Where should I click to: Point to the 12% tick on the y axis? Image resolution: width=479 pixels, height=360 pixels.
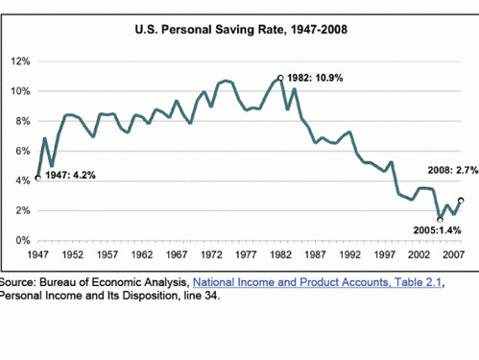coord(20,61)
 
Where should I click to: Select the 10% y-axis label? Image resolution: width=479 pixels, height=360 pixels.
coord(20,91)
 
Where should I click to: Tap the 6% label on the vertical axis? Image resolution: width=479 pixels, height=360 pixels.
coord(23,151)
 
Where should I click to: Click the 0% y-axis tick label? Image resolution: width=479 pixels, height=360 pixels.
coord(23,240)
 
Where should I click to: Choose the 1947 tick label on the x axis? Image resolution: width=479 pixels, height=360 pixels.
coord(38,254)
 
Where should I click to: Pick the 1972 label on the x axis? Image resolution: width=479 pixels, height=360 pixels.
coord(211,254)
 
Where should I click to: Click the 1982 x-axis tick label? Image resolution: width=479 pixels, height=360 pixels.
coord(280,254)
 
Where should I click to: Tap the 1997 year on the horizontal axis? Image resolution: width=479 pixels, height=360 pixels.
coord(384,254)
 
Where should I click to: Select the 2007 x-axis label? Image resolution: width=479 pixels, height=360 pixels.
coord(454,254)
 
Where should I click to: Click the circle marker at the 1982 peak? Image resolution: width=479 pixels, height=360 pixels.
coord(280,78)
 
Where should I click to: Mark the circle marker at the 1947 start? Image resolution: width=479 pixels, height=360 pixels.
coord(38,178)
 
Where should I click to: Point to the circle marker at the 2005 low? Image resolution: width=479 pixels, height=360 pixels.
coord(440,220)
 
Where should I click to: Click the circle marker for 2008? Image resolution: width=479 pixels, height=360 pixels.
coord(461,201)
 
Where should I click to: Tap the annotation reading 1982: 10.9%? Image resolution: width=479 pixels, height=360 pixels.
coord(315,78)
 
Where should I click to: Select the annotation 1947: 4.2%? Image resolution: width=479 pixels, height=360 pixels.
coord(70,175)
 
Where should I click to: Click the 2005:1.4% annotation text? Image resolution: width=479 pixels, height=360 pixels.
coord(437,230)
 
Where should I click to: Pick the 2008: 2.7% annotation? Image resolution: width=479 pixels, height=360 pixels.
coord(453,170)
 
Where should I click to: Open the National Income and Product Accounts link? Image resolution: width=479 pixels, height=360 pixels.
coord(317,282)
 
